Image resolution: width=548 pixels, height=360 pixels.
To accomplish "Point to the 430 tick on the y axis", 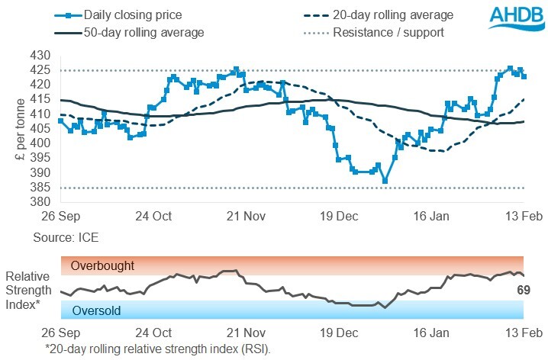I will (40, 56).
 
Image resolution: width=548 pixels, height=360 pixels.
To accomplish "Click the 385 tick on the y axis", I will (40, 188).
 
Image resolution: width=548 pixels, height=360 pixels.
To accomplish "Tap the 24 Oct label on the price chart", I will (153, 216).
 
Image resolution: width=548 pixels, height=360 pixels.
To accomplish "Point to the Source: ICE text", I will (66, 238).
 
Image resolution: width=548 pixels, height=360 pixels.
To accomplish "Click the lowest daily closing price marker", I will (385, 181).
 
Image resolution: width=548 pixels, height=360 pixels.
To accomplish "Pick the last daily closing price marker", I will (524, 76).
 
